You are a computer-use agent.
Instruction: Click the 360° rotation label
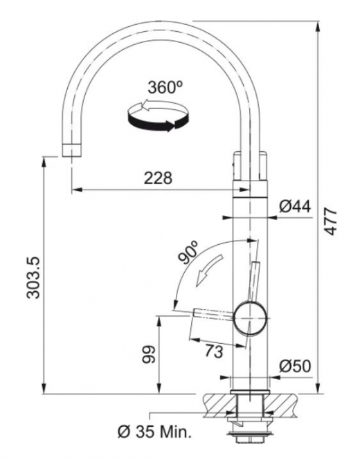[165, 87]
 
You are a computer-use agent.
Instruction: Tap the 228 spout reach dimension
[158, 178]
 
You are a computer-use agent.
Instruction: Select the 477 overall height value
[331, 221]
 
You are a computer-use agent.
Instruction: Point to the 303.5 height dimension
[33, 277]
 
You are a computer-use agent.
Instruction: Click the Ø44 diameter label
[294, 207]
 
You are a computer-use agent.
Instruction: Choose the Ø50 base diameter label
[294, 366]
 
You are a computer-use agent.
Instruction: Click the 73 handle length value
[214, 351]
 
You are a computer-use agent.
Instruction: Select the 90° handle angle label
[188, 252]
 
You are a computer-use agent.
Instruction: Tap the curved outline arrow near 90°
[208, 270]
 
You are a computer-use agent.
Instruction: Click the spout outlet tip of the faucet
[71, 151]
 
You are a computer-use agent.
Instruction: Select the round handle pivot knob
[251, 318]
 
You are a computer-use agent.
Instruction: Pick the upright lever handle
[253, 281]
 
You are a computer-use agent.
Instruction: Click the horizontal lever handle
[213, 313]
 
